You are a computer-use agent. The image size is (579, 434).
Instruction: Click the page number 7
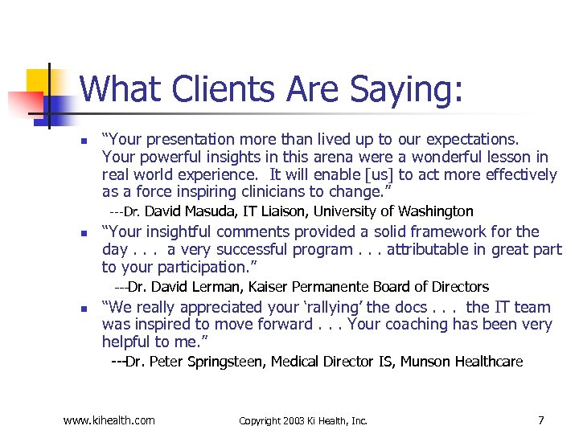540,420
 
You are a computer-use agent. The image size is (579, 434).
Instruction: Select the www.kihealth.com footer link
109,420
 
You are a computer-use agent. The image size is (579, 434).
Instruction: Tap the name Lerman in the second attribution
215,286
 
